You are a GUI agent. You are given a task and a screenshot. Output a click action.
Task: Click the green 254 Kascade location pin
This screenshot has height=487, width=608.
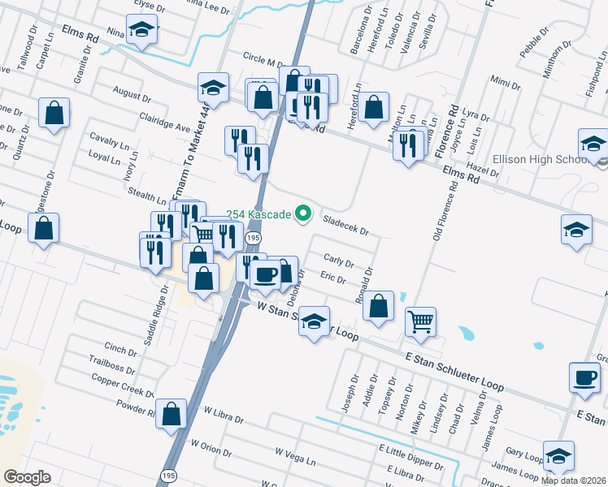304,214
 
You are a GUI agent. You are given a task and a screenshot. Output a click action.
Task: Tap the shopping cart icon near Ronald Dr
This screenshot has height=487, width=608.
420,321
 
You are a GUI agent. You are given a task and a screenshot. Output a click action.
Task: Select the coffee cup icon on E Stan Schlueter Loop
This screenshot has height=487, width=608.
585,377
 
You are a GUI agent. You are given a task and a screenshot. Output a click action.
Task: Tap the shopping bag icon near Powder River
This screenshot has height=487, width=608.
172,414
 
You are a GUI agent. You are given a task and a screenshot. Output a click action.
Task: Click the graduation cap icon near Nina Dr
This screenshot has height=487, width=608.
143,32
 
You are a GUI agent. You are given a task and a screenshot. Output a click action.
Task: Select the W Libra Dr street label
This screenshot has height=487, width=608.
224,416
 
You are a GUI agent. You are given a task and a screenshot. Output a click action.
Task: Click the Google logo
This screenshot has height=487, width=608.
27,477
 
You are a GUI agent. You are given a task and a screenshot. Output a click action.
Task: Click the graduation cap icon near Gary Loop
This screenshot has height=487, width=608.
558,456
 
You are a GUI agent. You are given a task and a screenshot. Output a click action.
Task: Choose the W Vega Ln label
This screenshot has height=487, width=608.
295,456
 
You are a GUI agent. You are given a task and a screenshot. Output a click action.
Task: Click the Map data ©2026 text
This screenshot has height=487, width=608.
573,481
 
